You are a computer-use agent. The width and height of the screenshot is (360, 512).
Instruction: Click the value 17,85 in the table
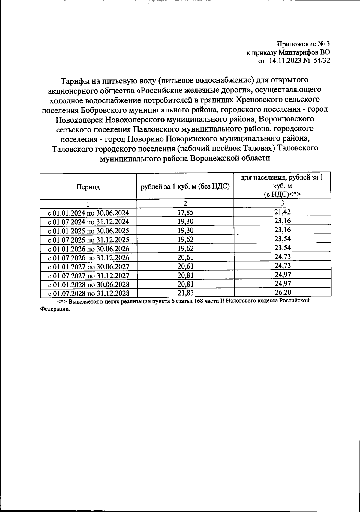click(x=185, y=213)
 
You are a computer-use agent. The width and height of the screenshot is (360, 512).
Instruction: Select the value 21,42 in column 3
click(x=282, y=212)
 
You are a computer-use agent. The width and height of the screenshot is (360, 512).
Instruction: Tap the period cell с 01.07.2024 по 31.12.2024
click(x=88, y=222)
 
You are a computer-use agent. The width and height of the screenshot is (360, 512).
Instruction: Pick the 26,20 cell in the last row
click(x=282, y=292)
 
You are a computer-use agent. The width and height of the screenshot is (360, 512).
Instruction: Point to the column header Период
click(x=88, y=187)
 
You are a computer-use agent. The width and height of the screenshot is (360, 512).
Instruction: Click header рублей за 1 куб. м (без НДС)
click(x=185, y=187)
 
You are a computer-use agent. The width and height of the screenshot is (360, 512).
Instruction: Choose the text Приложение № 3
click(x=303, y=44)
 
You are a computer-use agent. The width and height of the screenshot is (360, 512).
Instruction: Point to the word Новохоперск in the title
click(x=79, y=119)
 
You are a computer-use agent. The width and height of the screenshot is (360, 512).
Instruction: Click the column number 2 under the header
click(x=185, y=204)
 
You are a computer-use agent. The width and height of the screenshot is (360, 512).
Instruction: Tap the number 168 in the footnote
click(x=199, y=301)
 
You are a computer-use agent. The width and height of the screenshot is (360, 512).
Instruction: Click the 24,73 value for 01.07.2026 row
click(x=282, y=257)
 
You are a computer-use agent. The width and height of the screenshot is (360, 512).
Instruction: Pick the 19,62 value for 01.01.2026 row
click(x=185, y=248)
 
